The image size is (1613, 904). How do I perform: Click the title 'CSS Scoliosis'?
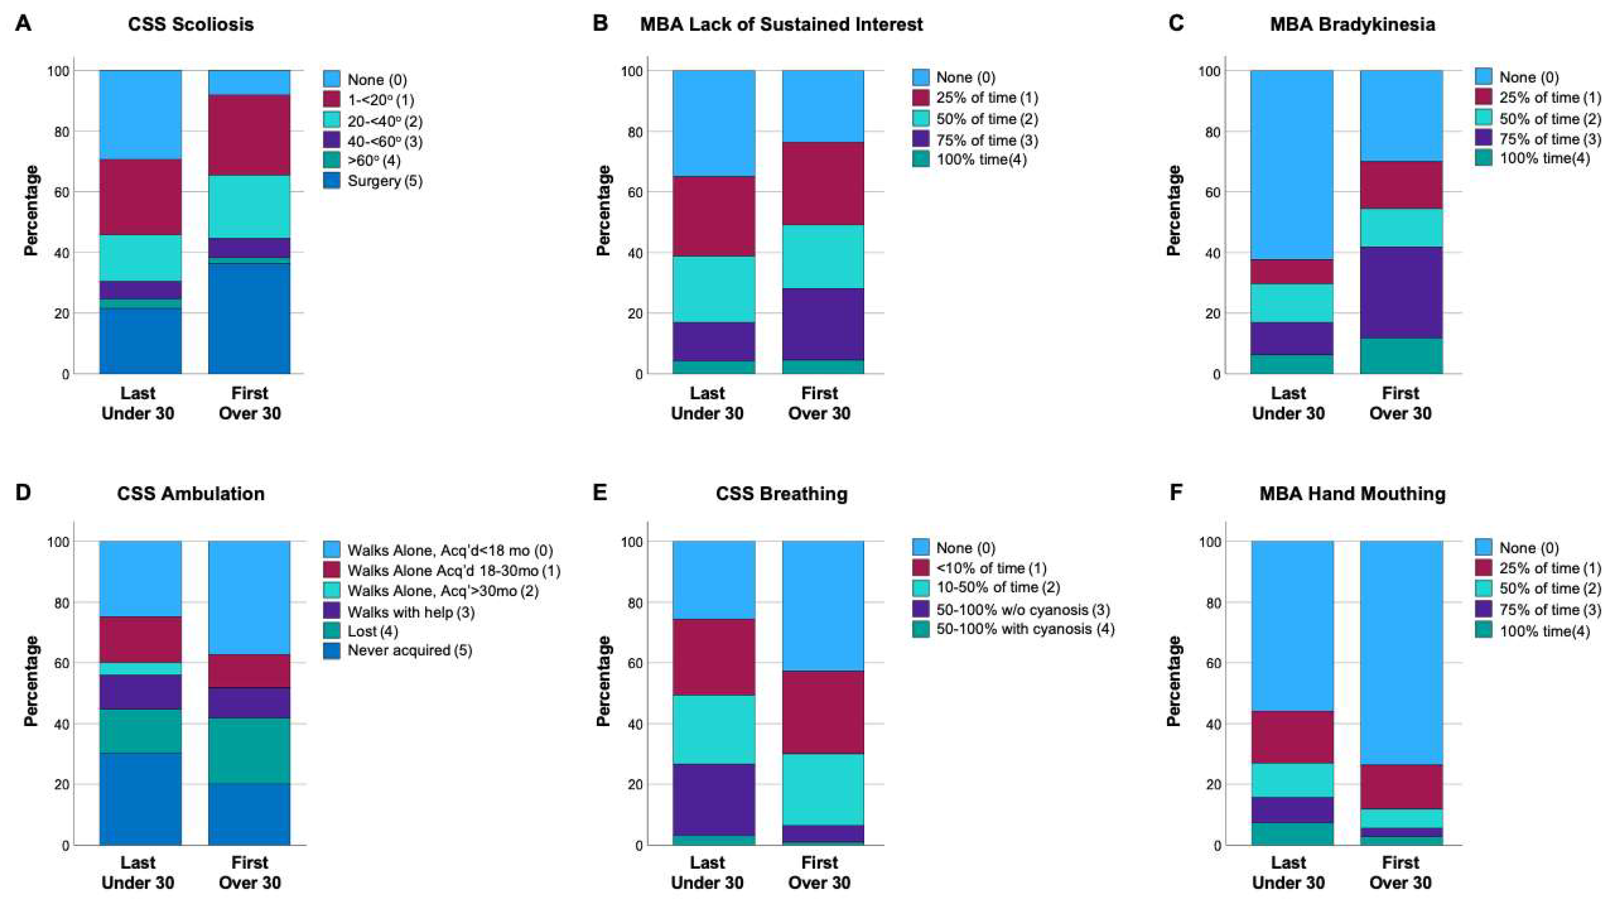pyautogui.click(x=191, y=25)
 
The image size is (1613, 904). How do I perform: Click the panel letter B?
pyautogui.click(x=599, y=24)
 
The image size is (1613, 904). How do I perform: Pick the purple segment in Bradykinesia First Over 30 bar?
pyautogui.click(x=1401, y=292)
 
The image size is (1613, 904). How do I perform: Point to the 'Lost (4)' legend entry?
pyautogui.click(x=372, y=631)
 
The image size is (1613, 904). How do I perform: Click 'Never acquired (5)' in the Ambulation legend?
pyautogui.click(x=410, y=651)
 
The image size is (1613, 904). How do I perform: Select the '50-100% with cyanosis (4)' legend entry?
pyautogui.click(x=1025, y=629)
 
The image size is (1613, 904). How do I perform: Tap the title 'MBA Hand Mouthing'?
pyautogui.click(x=1352, y=494)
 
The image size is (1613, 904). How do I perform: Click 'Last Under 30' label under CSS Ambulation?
pyautogui.click(x=138, y=872)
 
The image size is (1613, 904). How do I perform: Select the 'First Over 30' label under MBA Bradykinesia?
pyautogui.click(x=1400, y=403)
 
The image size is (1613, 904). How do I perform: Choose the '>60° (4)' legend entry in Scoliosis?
pyautogui.click(x=373, y=161)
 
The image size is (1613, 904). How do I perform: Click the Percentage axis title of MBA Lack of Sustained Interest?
pyautogui.click(x=604, y=210)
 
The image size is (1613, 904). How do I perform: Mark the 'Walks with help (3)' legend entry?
pyautogui.click(x=411, y=612)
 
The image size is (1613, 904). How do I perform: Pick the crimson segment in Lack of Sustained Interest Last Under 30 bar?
pyautogui.click(x=714, y=216)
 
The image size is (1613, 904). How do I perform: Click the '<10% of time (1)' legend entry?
pyautogui.click(x=991, y=569)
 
